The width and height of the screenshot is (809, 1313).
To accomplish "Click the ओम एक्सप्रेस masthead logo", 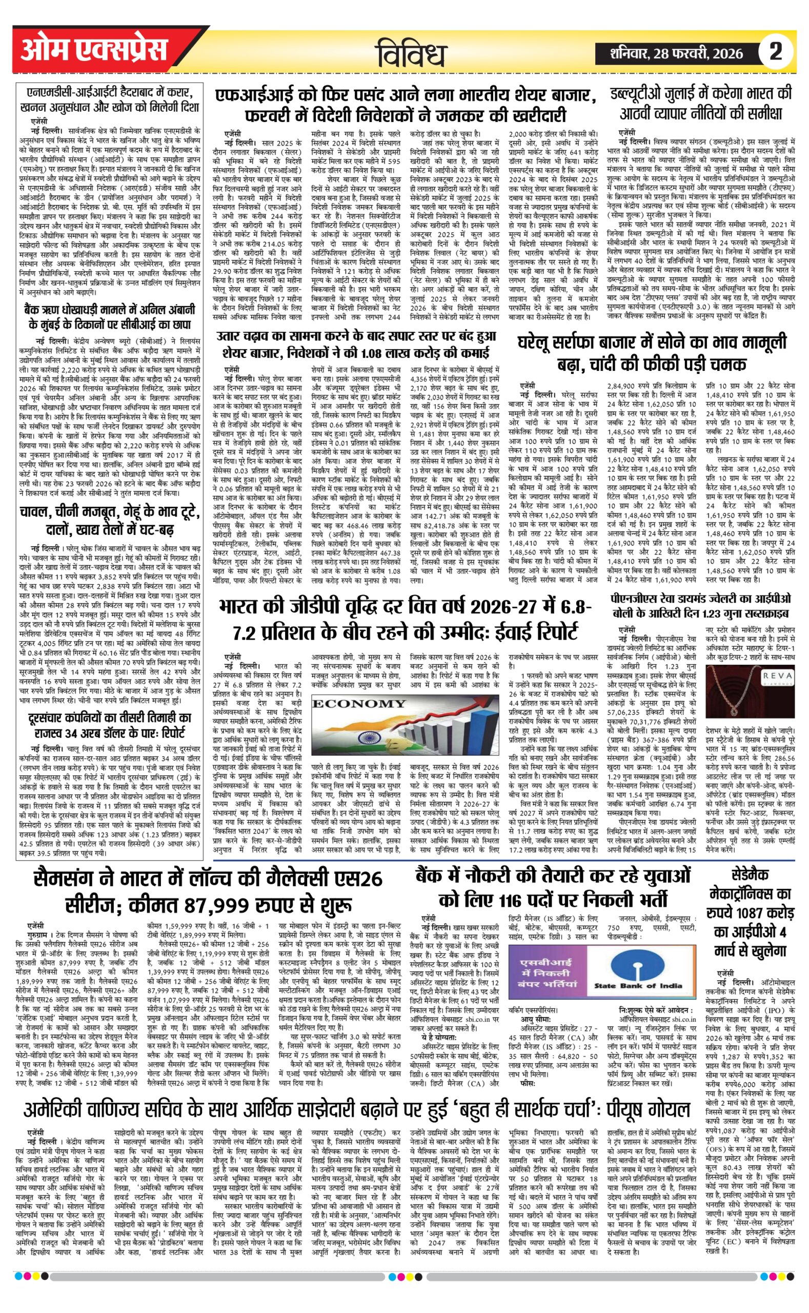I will [x=94, y=51].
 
